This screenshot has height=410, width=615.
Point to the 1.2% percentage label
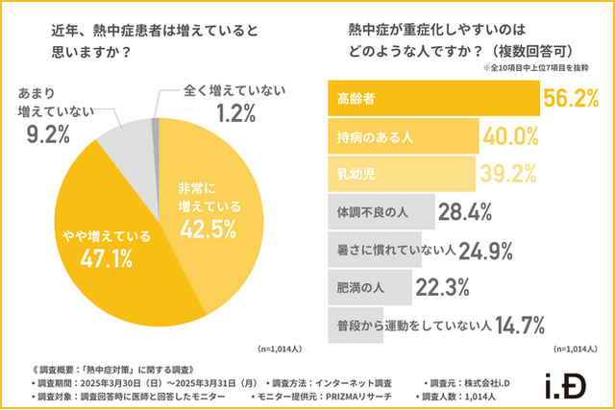point(234,113)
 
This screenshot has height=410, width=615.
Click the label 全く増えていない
point(235,90)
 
